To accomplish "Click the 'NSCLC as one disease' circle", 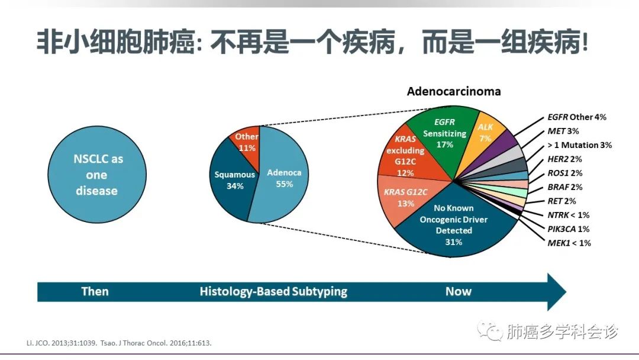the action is [97, 175].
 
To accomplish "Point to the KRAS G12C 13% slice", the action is [408, 198].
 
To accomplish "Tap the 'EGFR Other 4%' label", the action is [577, 117].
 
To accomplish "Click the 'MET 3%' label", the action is [563, 131].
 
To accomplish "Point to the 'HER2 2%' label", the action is [564, 159].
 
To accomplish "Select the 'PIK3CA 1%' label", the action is [568, 229].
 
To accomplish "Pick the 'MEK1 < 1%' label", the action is [569, 243].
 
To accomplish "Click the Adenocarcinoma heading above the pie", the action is [454, 91].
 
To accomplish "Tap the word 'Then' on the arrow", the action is [95, 291].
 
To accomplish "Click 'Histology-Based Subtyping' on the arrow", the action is [273, 291].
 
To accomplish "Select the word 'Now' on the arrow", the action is [459, 291].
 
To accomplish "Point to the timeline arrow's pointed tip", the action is [566, 292].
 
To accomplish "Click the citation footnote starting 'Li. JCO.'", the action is [119, 343].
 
